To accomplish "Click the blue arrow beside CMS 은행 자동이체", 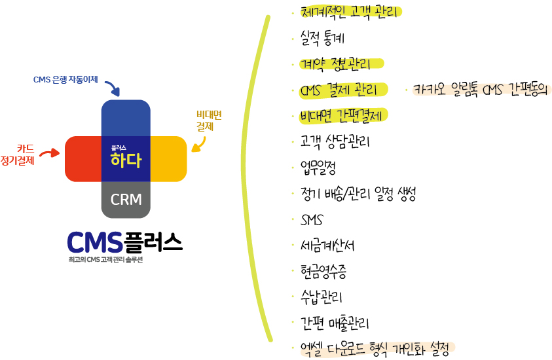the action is click(x=114, y=88).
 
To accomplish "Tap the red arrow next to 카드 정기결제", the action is click(x=50, y=153).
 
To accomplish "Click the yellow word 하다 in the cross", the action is click(x=126, y=160).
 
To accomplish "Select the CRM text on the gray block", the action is click(x=126, y=200).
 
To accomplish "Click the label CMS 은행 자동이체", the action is click(x=65, y=80).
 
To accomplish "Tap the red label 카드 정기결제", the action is click(x=18, y=154).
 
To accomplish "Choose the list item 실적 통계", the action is click(x=322, y=38).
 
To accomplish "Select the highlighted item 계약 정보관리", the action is click(x=335, y=64).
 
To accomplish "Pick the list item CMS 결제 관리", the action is click(x=339, y=90).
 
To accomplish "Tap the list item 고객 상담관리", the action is click(x=335, y=141).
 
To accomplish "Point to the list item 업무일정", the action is click(x=318, y=168).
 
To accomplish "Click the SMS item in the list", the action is click(x=312, y=220).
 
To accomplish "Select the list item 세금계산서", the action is click(x=327, y=245).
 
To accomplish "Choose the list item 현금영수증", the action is click(x=323, y=272).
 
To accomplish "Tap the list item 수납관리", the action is click(x=321, y=297).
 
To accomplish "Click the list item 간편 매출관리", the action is click(x=335, y=323).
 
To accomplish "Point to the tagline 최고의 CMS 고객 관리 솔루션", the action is click(x=105, y=260).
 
